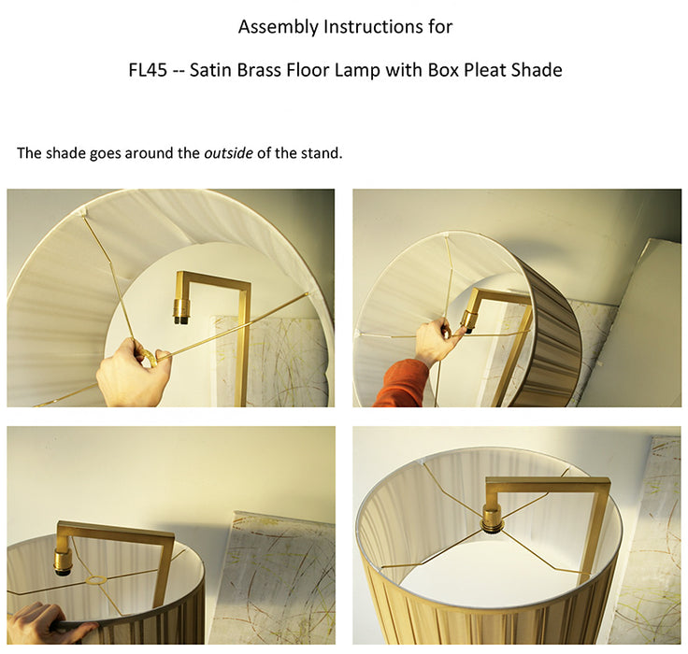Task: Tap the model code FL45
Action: (x=148, y=70)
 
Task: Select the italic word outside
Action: (x=228, y=153)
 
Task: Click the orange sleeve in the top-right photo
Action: (x=401, y=384)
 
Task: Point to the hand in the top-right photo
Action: (x=435, y=340)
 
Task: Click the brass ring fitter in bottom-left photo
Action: (x=97, y=580)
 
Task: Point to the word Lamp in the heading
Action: (x=357, y=70)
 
